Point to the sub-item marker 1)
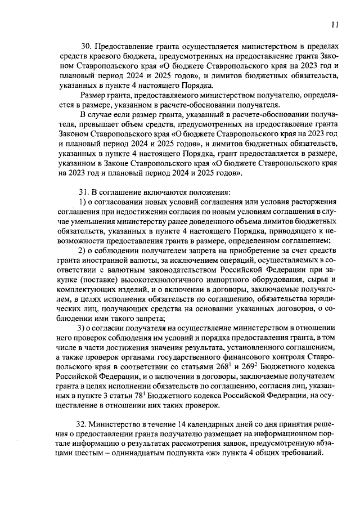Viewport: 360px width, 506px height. pyautogui.click(x=82, y=201)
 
